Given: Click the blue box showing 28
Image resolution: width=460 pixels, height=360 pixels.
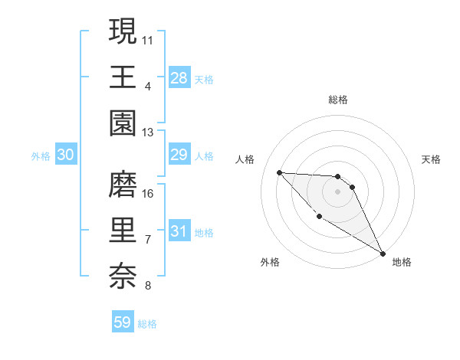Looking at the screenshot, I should [x=179, y=77].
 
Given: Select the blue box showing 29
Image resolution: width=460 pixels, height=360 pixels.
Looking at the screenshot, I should [x=179, y=155].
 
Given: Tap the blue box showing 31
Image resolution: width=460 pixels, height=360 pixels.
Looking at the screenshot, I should [x=179, y=232].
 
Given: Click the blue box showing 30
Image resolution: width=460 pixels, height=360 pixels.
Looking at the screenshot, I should [x=65, y=155].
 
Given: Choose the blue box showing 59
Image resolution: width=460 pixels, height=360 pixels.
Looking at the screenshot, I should [x=123, y=322].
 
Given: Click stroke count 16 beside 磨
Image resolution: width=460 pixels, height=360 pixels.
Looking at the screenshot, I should [x=148, y=193].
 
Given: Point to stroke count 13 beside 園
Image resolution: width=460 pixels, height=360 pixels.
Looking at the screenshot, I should [x=148, y=133].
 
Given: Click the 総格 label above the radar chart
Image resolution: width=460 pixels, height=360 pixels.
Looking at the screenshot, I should [x=337, y=100].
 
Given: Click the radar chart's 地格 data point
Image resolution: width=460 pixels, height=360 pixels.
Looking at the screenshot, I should [x=383, y=254].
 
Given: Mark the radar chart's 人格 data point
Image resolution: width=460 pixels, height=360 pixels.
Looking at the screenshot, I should [x=280, y=172].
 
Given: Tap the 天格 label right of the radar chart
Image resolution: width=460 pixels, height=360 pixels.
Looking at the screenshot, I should [x=431, y=160].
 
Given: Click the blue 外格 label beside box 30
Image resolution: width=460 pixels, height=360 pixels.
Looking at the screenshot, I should [x=41, y=156].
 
